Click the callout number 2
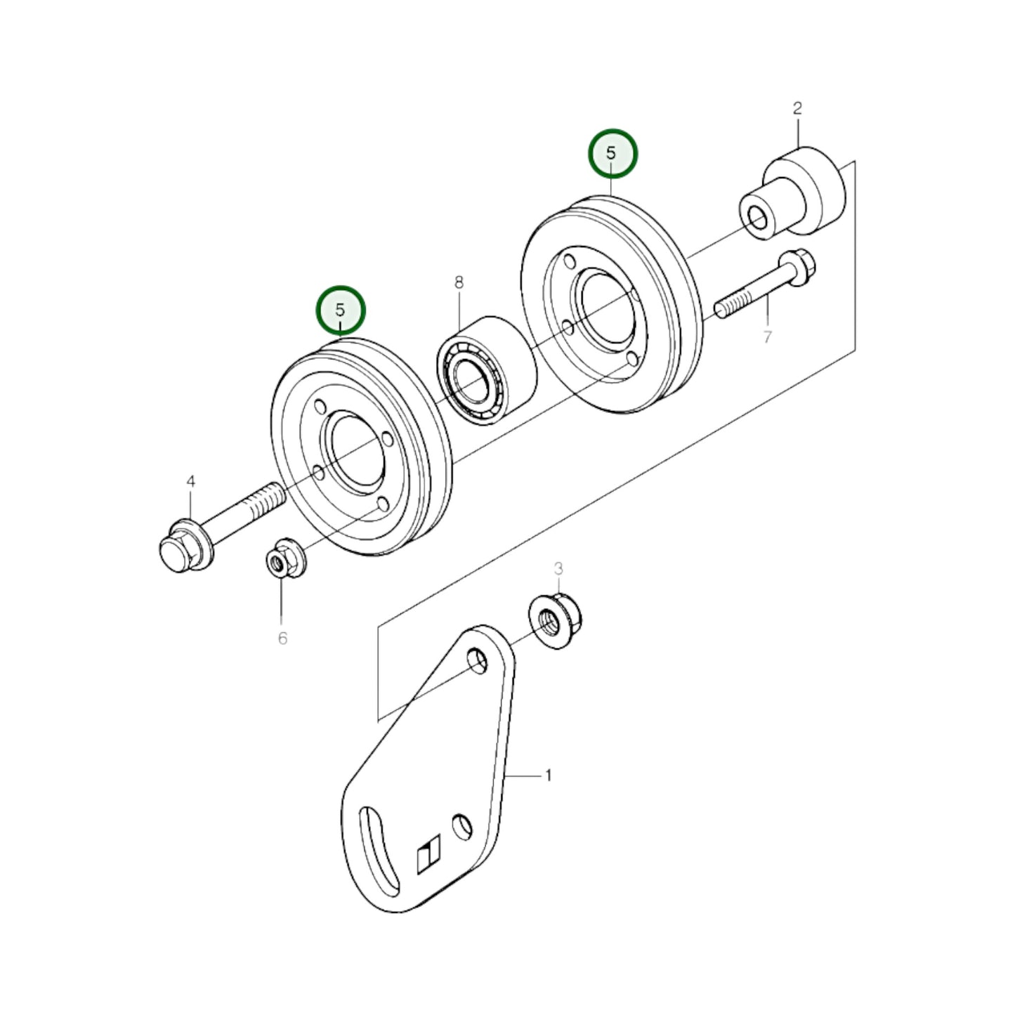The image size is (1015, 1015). tap(797, 108)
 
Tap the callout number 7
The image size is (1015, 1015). tap(767, 337)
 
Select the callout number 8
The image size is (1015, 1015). tap(459, 282)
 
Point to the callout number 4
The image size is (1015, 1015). tap(190, 481)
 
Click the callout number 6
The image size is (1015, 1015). tap(282, 638)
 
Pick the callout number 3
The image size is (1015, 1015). tap(558, 568)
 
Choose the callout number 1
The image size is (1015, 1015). tap(548, 775)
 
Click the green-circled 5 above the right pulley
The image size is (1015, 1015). tap(613, 152)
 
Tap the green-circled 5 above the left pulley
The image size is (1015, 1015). tap(341, 310)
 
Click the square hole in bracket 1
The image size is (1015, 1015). tap(428, 856)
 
